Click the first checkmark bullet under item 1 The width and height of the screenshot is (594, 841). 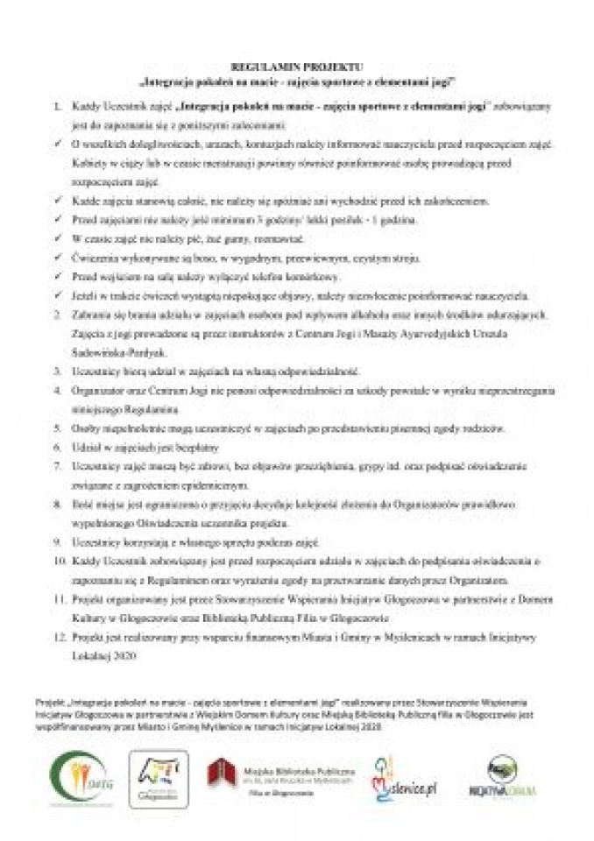[x=60, y=142]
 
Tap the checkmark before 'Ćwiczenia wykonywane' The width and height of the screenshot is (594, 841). [x=60, y=257]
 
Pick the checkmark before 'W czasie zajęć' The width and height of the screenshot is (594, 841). [x=60, y=237]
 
